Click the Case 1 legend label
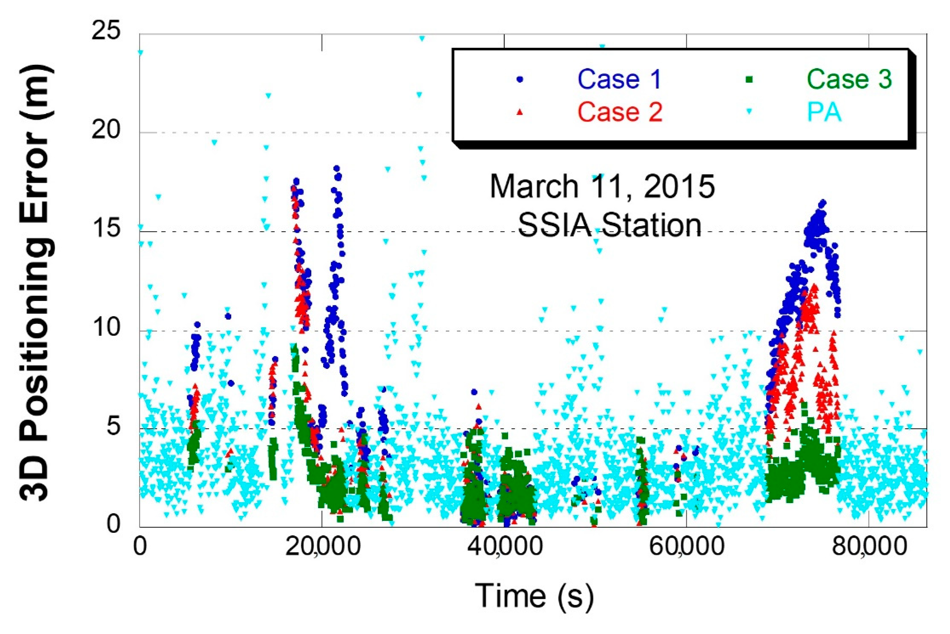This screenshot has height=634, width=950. pos(619,79)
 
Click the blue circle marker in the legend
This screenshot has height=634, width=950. pos(520,80)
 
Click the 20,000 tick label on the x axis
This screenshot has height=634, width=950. pos(322,547)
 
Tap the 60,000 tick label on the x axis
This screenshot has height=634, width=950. pos(687,547)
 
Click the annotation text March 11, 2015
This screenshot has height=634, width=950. pos(602,186)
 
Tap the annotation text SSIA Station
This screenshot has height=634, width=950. pos(610,225)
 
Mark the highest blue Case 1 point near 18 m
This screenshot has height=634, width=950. pos(336,168)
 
